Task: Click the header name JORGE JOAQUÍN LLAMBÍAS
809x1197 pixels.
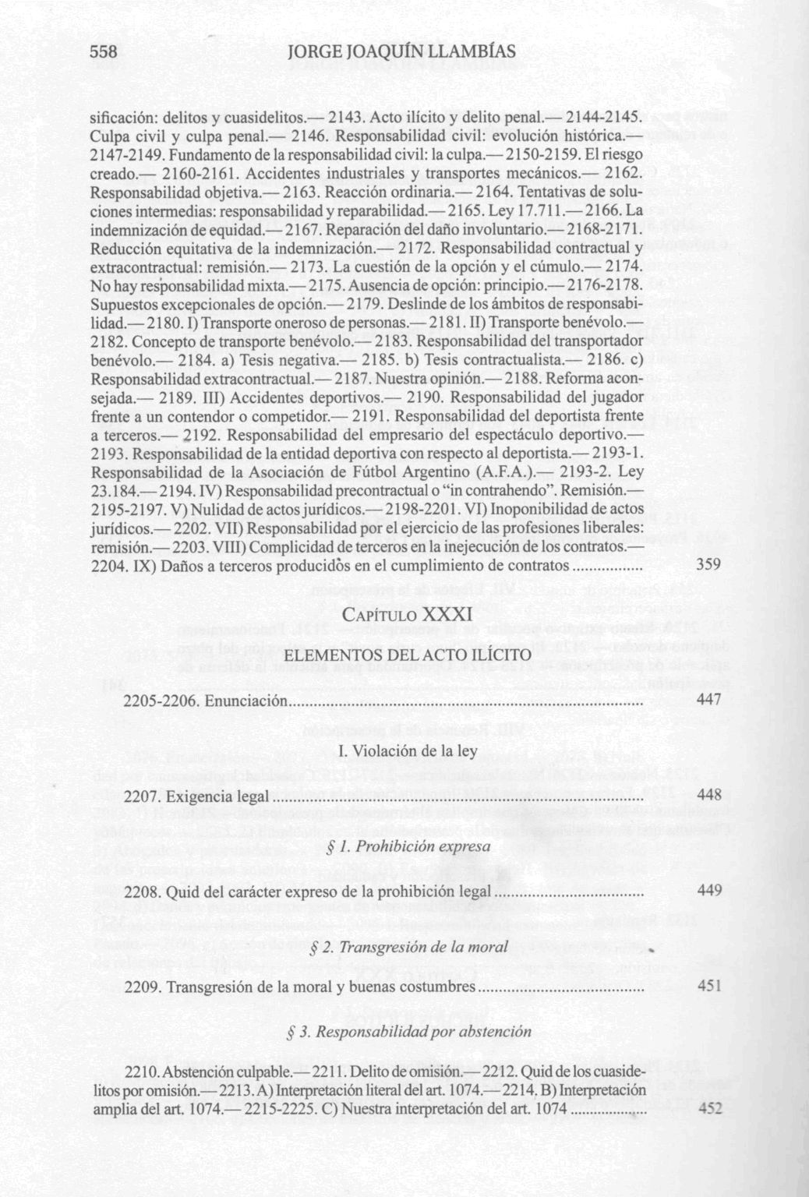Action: (x=402, y=52)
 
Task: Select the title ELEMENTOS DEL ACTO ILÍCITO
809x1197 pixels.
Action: (x=405, y=656)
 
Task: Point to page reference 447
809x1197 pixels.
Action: (x=709, y=701)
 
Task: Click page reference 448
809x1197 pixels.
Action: (x=709, y=796)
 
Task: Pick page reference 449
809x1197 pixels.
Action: (x=709, y=891)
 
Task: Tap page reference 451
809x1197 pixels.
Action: (x=709, y=986)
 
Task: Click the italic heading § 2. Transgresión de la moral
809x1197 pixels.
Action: (x=408, y=948)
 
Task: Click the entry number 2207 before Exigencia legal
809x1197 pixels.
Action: (x=143, y=796)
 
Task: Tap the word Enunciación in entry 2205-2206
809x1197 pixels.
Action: (x=246, y=701)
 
